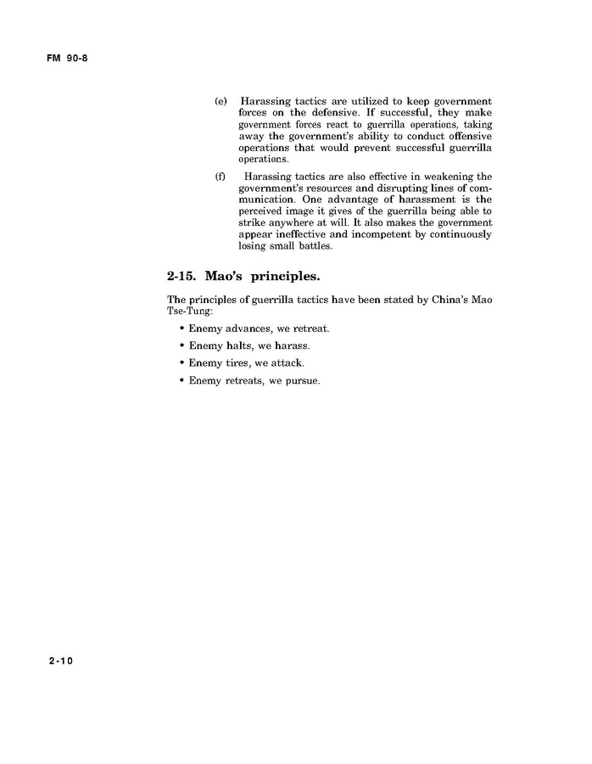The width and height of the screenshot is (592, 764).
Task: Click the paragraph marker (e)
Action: pos(220,101)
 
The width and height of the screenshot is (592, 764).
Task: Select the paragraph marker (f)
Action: pos(220,176)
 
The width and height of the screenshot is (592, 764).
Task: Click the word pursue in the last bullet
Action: pos(303,381)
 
